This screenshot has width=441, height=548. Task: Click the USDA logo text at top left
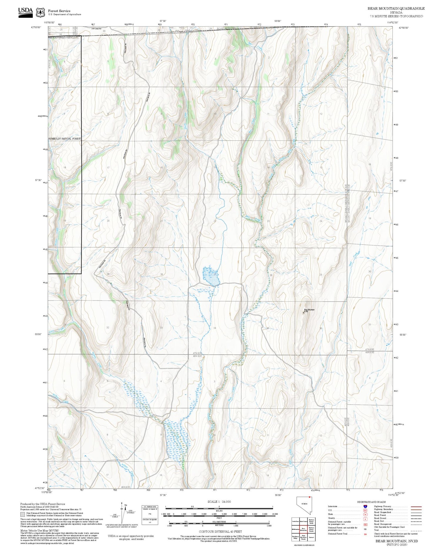(25, 11)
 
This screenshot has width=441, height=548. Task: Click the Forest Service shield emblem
(40, 13)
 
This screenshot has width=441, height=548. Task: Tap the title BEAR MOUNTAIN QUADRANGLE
(396, 8)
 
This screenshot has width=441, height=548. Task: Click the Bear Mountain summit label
(309, 310)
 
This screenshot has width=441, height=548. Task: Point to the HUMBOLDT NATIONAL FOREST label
(64, 138)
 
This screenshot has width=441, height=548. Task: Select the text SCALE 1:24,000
(219, 501)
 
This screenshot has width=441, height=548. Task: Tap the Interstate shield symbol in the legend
(365, 507)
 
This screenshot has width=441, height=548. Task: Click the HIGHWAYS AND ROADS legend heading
(371, 502)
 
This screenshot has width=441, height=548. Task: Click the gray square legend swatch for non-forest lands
(23, 514)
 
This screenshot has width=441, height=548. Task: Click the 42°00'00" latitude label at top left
(36, 27)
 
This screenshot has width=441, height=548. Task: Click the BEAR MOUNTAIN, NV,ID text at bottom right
(396, 541)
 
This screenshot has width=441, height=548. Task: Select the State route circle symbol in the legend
(365, 514)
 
